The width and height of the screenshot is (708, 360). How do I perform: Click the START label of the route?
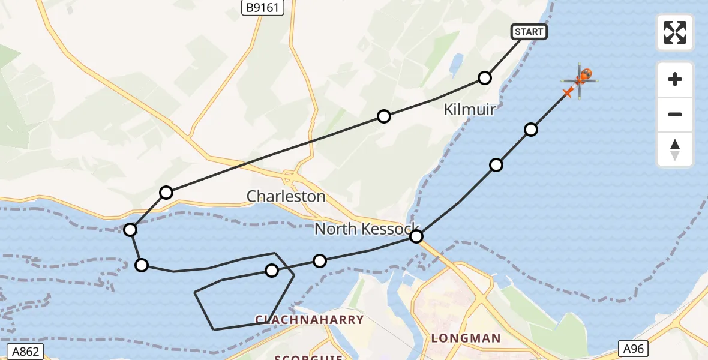529,32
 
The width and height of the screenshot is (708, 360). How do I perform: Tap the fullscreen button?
675,32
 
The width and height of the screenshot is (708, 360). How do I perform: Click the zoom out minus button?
675,114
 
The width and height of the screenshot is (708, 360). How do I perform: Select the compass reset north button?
675,149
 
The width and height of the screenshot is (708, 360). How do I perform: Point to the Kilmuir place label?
469,109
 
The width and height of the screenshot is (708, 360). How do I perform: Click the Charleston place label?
286,196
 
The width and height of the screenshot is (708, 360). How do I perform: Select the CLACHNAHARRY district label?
310,320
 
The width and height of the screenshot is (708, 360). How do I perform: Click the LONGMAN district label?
466,338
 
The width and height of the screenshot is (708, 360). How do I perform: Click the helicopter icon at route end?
581,78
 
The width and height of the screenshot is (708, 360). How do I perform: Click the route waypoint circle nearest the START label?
485,77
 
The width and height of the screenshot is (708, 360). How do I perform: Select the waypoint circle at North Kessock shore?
416,236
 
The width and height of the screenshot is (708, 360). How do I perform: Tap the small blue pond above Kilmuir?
456,63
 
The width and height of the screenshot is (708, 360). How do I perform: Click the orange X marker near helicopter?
567,92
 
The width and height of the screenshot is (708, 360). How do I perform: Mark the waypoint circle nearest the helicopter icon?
530,129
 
